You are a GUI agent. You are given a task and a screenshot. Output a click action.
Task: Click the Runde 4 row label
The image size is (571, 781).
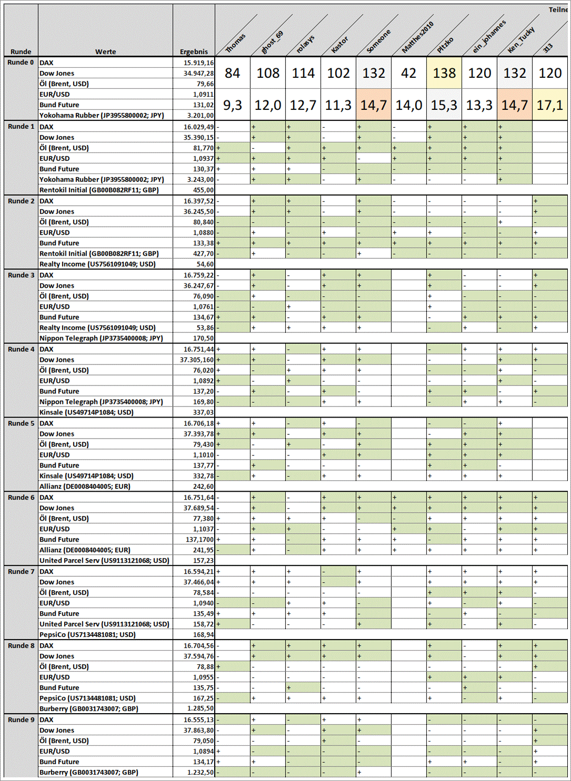pos(21,349)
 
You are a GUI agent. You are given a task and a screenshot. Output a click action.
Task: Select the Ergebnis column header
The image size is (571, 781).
pos(194,52)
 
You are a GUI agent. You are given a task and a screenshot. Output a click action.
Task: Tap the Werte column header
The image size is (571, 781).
pos(105,52)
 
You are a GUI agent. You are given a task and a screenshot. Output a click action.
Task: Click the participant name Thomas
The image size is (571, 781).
pos(236,43)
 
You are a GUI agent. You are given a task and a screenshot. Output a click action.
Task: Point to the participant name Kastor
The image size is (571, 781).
pos(340,44)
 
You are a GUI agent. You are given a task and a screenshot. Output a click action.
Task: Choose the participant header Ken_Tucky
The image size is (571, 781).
pos(520,39)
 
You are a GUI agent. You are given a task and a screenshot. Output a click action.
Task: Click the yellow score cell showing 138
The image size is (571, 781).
pos(444,73)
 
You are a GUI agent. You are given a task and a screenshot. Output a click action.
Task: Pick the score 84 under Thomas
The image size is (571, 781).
pos(232,73)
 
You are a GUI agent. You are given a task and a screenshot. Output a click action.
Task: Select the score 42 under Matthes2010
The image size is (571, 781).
pos(408,73)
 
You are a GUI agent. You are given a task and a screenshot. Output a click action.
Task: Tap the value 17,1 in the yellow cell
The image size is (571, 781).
pos(549,105)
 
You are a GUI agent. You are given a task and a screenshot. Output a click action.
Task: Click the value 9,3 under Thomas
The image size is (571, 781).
pos(232,105)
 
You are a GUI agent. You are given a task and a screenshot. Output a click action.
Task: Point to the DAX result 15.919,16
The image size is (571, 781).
pos(198,63)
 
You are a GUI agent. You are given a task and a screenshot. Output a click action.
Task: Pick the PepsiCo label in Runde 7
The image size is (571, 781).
pos(87,635)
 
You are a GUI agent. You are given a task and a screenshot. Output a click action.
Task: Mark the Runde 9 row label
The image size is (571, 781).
pos(21,719)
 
